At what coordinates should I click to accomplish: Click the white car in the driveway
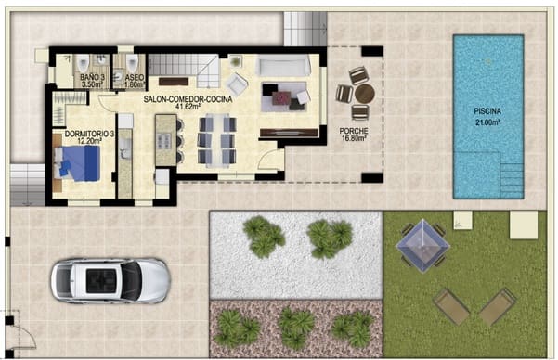point(110,279)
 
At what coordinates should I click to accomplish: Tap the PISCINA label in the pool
point(487,110)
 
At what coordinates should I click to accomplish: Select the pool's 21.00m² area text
point(487,122)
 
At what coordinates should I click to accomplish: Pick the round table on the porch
point(363,94)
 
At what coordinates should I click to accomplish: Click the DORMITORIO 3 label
point(88,135)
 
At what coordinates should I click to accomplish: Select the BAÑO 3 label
point(91,77)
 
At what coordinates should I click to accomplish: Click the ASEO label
point(134,77)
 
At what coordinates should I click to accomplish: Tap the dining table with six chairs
point(216,139)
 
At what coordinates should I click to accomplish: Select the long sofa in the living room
point(282,65)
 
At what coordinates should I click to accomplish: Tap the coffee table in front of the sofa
point(281,96)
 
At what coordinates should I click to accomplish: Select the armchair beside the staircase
point(237,85)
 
